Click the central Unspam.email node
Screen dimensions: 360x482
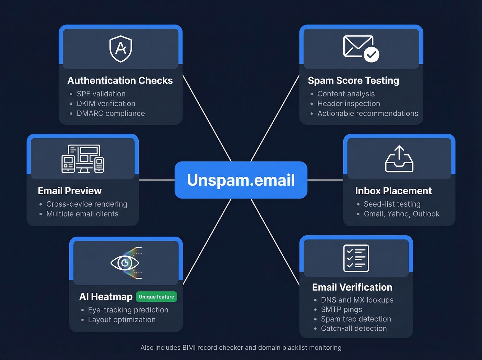[x=241, y=180]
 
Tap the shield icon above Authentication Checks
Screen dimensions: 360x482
[x=120, y=49]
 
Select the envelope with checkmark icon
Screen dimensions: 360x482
[x=361, y=49]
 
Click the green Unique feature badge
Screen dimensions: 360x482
[x=156, y=297]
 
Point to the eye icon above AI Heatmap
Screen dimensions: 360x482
[x=125, y=263]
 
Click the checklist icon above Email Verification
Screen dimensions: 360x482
[x=356, y=258]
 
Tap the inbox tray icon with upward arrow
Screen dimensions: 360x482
[x=399, y=159]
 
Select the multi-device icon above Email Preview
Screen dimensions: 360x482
[x=83, y=159]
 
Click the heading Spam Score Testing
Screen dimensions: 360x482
[x=353, y=80]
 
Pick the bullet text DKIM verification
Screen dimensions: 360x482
[x=106, y=103]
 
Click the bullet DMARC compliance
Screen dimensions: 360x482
[x=111, y=113]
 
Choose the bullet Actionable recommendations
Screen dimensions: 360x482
[x=367, y=113]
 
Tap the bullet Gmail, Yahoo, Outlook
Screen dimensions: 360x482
[x=401, y=214]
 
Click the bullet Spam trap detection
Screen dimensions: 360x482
[x=356, y=319]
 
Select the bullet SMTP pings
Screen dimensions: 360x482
[x=341, y=309]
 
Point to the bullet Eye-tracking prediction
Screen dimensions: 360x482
[x=128, y=310]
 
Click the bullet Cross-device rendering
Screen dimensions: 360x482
[x=87, y=204]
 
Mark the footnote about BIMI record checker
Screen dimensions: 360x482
[x=241, y=348]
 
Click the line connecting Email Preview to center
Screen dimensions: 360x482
[x=157, y=180]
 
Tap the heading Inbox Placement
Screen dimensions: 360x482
[x=393, y=191]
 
